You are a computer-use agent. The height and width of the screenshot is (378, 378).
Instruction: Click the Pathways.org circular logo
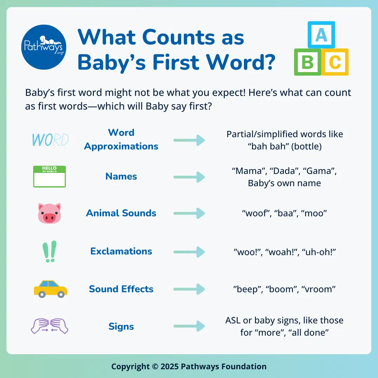[44, 47]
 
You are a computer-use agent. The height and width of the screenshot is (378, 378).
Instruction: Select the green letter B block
[307, 62]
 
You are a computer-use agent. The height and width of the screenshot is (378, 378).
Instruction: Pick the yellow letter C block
[335, 62]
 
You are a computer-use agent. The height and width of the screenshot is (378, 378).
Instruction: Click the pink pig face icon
[49, 213]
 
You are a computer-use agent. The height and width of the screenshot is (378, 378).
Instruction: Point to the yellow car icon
[50, 289]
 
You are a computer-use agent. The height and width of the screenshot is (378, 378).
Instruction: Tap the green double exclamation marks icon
[49, 251]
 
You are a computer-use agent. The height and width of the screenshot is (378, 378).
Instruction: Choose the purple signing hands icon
[49, 326]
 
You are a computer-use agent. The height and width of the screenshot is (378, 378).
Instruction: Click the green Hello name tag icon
[49, 176]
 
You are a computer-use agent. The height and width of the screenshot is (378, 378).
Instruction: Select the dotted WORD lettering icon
[50, 140]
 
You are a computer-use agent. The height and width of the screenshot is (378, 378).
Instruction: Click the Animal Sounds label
[121, 213]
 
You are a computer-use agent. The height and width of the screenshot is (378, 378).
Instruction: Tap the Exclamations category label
[121, 251]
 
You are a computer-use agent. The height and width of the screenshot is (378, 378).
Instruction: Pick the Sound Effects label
[121, 289]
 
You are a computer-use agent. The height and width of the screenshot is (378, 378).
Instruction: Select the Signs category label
[121, 327]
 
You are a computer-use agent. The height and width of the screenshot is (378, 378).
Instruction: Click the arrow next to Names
[189, 176]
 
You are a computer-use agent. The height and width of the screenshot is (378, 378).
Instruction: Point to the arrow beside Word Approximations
[189, 140]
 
